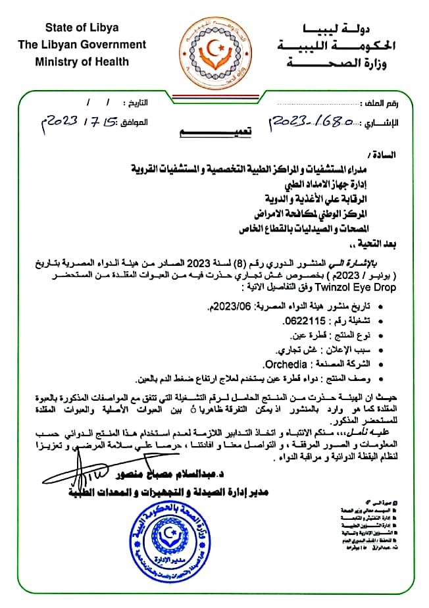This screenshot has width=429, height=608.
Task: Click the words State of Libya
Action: (82, 27)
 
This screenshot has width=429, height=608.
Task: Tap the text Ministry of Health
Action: (82, 62)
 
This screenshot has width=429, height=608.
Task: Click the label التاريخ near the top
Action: (137, 103)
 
